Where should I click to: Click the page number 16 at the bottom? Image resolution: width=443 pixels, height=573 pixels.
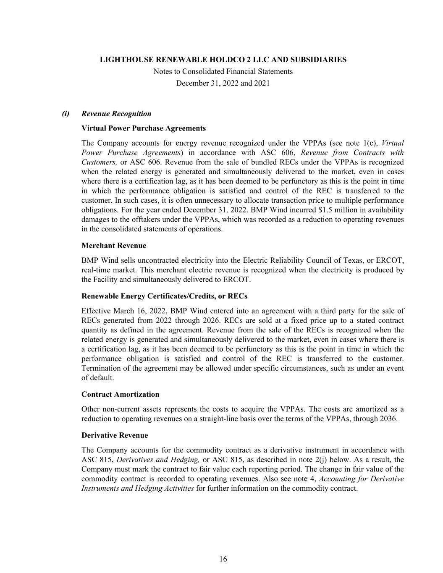click(x=223, y=559)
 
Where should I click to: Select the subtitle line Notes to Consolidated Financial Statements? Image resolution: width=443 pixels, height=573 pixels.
click(x=223, y=71)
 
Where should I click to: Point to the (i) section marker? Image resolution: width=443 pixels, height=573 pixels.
click(x=66, y=113)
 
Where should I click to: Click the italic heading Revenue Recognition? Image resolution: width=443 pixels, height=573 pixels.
click(x=116, y=113)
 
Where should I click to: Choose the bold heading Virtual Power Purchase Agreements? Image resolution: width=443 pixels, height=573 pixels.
click(x=144, y=128)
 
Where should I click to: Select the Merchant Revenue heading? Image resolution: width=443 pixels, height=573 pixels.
click(x=114, y=246)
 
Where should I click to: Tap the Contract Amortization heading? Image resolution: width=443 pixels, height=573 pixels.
click(x=121, y=394)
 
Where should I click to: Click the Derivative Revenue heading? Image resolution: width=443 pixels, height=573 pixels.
click(x=115, y=435)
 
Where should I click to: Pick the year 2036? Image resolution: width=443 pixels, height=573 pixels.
click(x=387, y=419)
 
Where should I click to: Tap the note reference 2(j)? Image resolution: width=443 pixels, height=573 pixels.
click(x=319, y=460)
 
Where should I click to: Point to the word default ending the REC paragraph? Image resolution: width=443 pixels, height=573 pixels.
click(x=102, y=378)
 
